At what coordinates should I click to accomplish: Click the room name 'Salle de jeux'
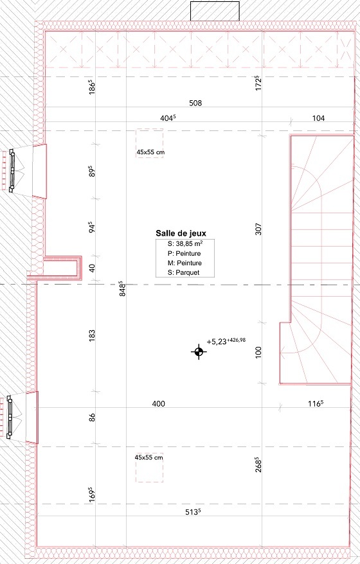click(x=181, y=233)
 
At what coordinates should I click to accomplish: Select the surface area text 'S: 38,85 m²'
click(x=184, y=243)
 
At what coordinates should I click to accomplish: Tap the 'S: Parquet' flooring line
click(x=184, y=272)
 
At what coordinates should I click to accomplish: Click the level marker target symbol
click(x=199, y=352)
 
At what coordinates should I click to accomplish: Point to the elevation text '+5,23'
click(x=216, y=342)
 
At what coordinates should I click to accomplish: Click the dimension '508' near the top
click(x=195, y=103)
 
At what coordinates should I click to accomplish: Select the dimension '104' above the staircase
click(x=318, y=118)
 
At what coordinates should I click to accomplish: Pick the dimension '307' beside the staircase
click(x=258, y=229)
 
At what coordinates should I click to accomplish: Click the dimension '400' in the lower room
click(x=158, y=403)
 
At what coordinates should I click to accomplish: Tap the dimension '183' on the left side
click(x=92, y=335)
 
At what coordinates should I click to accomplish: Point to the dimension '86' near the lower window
click(x=92, y=418)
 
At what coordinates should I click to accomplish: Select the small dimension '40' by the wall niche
click(x=92, y=268)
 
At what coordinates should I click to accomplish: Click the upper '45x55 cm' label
click(x=150, y=152)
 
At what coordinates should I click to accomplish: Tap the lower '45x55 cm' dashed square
click(x=149, y=467)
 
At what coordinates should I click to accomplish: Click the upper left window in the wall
click(x=12, y=170)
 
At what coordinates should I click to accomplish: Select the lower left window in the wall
click(x=10, y=417)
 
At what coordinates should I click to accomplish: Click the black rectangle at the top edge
click(x=215, y=11)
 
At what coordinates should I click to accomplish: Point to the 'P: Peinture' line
click(x=184, y=253)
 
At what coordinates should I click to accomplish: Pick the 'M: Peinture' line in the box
click(x=184, y=263)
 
